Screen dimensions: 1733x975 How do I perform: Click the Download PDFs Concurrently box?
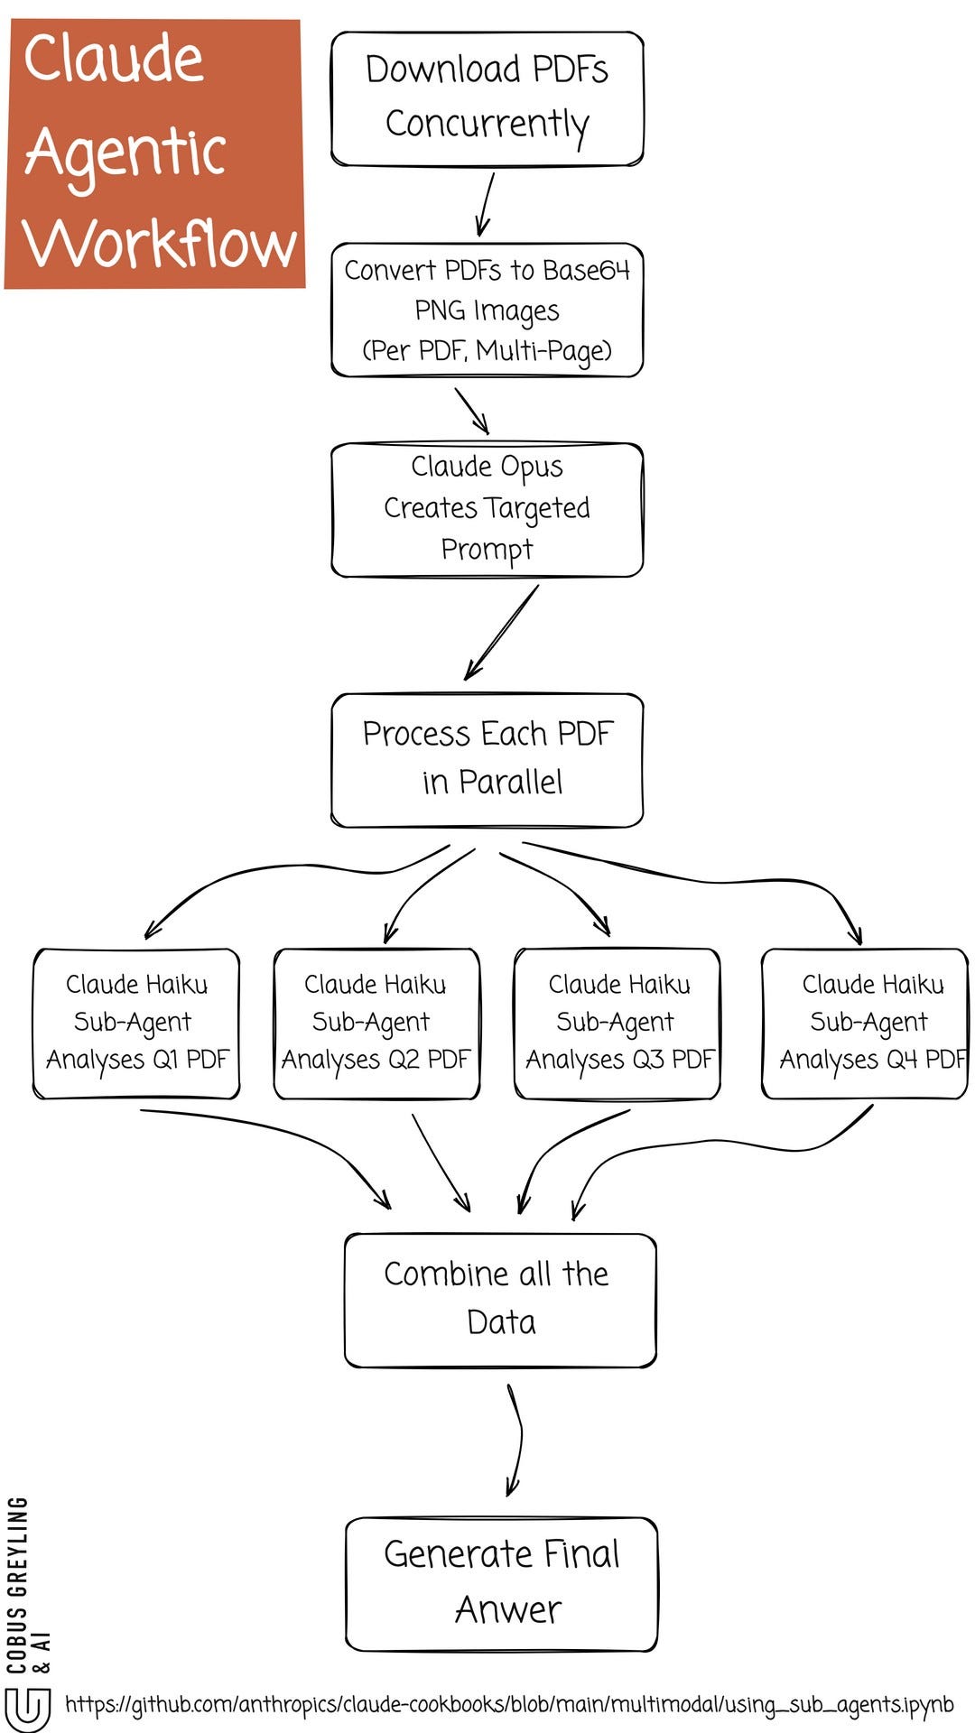click(x=487, y=99)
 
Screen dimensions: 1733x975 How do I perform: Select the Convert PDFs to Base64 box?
click(x=487, y=310)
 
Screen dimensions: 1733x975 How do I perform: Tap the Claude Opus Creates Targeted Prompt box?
click(x=487, y=509)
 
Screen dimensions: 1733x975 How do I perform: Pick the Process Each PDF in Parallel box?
click(x=487, y=759)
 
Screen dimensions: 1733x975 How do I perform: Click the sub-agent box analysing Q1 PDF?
click(x=136, y=1023)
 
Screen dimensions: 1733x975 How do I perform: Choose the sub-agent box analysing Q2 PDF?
click(x=376, y=1023)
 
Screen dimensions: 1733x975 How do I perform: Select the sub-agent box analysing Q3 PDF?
click(x=617, y=1023)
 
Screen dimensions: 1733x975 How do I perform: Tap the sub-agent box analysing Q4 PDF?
click(x=864, y=1023)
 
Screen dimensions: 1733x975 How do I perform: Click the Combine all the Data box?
click(x=499, y=1299)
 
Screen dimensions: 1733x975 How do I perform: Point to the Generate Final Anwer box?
click(x=501, y=1583)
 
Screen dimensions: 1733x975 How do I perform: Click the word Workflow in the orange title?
click(x=160, y=244)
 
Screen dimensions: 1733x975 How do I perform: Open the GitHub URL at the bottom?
click(x=509, y=1704)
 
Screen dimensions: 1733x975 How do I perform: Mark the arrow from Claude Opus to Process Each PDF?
click(x=502, y=632)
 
